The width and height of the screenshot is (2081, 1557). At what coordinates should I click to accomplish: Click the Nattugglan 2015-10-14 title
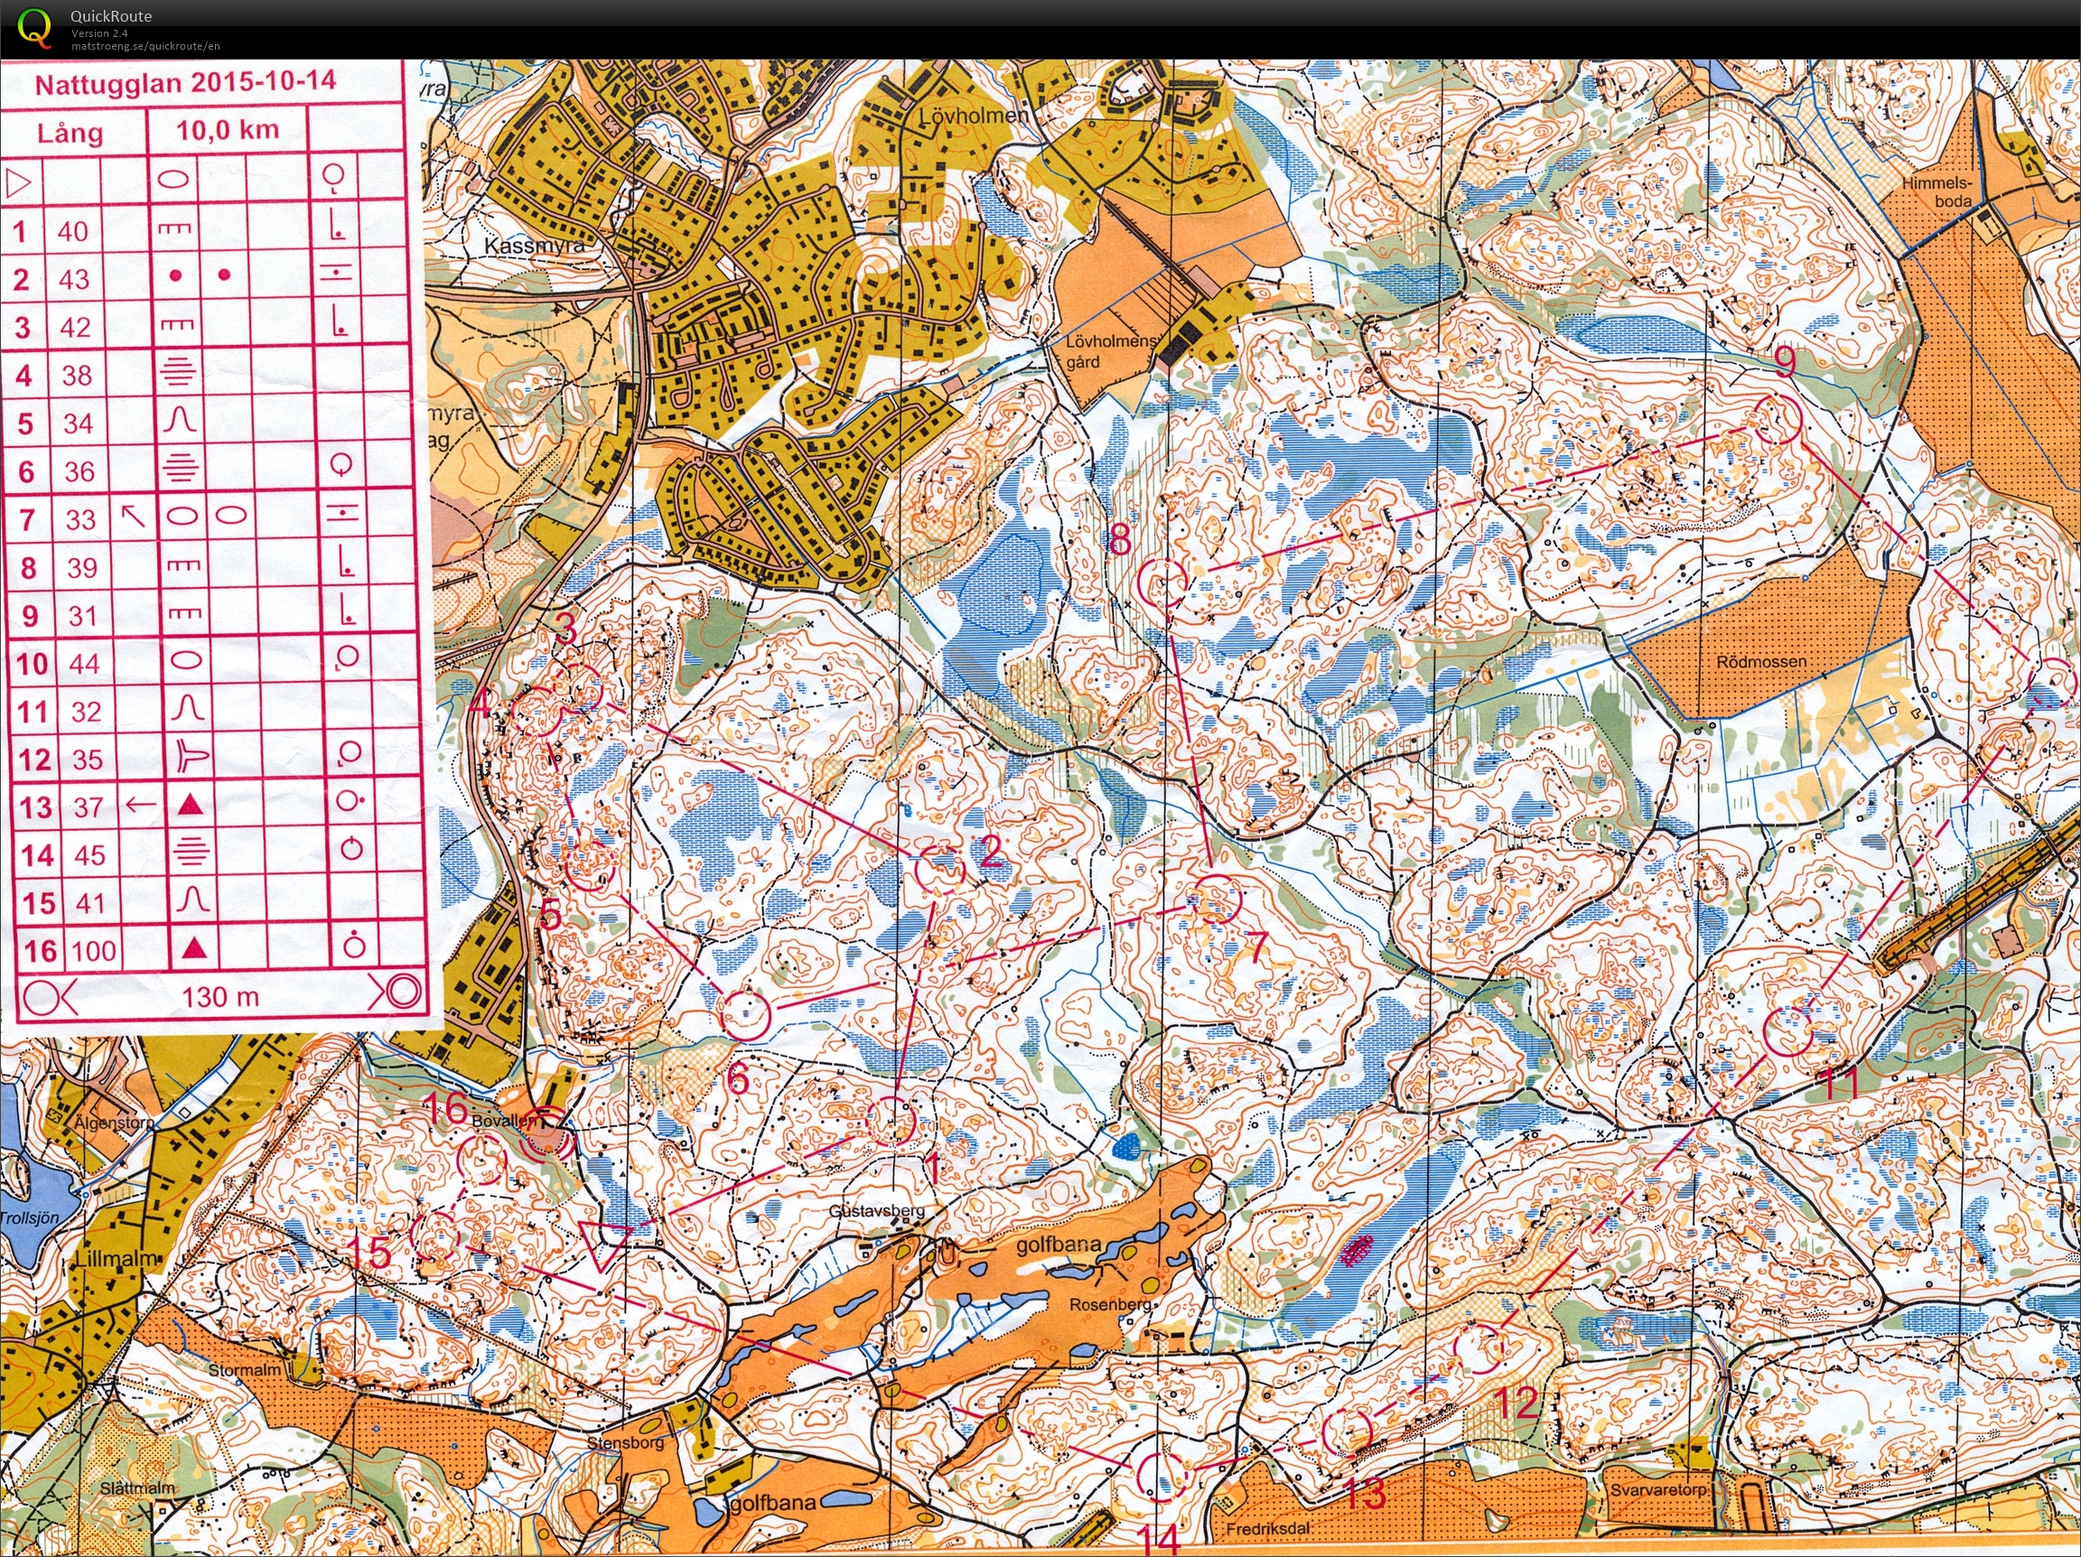tap(184, 82)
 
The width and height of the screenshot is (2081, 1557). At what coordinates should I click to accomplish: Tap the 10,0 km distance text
tap(228, 130)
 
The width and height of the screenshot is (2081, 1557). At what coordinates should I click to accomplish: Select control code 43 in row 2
tap(73, 279)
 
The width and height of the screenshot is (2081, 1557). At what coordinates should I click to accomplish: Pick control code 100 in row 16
tap(94, 950)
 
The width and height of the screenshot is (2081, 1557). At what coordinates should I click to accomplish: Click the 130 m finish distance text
tap(219, 996)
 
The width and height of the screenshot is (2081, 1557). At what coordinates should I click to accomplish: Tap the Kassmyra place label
tap(534, 246)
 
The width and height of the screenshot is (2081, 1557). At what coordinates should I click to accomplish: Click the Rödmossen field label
tap(1761, 661)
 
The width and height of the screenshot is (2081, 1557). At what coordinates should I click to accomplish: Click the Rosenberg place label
tap(1110, 1305)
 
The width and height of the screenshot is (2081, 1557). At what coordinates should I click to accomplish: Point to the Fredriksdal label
tap(1269, 1530)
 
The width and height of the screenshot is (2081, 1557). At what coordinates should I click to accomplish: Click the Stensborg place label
tap(625, 1442)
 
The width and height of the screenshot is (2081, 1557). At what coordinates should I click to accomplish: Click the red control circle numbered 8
tap(1161, 582)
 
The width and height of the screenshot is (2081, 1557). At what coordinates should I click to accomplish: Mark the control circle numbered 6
tap(745, 1013)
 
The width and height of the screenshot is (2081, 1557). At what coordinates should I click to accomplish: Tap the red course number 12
tap(1516, 1403)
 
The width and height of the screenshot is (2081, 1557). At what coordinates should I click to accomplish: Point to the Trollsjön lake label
tap(28, 1218)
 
